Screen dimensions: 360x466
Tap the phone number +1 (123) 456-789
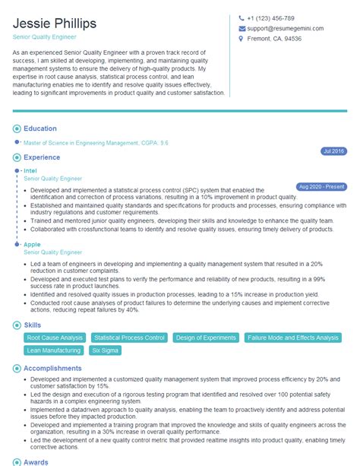click(x=270, y=18)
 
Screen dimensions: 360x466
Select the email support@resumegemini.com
click(x=285, y=28)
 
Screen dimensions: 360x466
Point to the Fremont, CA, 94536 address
click(x=274, y=39)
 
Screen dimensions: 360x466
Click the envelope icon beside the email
click(x=241, y=28)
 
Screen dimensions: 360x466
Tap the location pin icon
click(x=241, y=39)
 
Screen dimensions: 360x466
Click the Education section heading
click(x=40, y=129)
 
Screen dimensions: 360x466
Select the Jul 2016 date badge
click(x=333, y=151)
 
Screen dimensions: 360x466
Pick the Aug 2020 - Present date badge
click(x=322, y=186)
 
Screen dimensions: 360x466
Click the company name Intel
click(x=30, y=171)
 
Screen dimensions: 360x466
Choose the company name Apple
click(x=32, y=244)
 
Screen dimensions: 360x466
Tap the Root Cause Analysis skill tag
click(x=54, y=338)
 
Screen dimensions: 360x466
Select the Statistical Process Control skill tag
click(x=128, y=338)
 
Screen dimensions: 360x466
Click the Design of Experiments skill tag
click(x=207, y=338)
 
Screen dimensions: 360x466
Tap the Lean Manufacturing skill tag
click(x=52, y=350)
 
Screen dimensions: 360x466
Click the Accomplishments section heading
click(x=52, y=368)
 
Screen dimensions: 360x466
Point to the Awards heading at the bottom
click(x=36, y=461)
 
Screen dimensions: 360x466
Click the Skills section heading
click(x=33, y=325)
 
